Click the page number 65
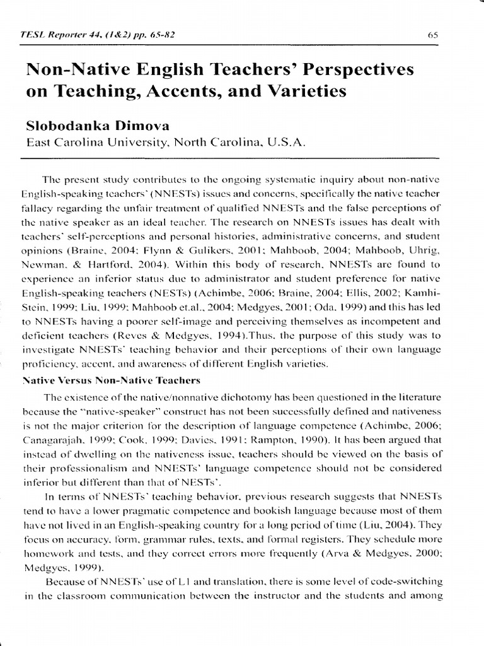tap(432, 36)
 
